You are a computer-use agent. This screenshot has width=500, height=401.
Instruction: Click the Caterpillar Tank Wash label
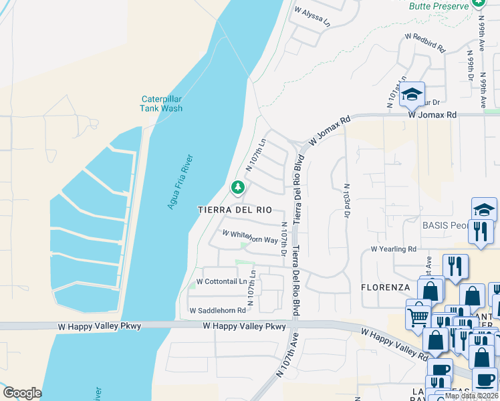tap(161, 104)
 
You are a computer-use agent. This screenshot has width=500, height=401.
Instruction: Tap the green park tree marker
tap(237, 188)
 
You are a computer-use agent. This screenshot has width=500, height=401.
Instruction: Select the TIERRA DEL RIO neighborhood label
tap(235, 209)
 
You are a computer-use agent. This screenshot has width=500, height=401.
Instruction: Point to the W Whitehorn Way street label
tap(250, 237)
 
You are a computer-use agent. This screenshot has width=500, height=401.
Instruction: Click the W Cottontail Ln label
tap(220, 281)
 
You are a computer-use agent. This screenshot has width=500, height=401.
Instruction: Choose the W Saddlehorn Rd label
tap(217, 311)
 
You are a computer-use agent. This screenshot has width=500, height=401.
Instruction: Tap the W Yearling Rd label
tap(393, 249)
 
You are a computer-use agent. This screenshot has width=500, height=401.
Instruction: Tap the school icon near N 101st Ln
tap(412, 94)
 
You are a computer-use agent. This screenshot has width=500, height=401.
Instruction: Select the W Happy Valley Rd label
tap(394, 344)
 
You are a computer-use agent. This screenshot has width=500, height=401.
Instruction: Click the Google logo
tap(22, 393)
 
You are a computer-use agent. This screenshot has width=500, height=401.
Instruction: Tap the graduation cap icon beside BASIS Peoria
tap(484, 210)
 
